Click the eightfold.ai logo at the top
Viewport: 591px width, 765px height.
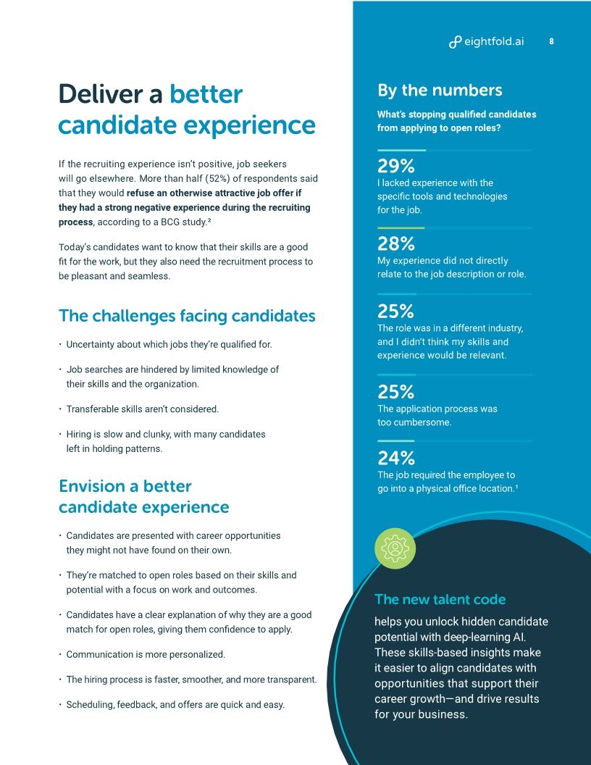486,41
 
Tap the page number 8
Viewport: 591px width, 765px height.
551,41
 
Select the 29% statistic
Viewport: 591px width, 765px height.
395,166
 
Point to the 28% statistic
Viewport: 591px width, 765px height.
395,243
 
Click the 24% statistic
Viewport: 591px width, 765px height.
395,458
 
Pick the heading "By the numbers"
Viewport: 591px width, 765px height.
439,90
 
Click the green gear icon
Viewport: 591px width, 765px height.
395,548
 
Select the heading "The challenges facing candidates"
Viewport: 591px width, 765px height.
187,316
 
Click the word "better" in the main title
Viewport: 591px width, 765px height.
206,94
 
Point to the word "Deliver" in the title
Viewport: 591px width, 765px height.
110,94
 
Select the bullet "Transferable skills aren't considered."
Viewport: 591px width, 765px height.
142,409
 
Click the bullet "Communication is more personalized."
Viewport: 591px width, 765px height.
146,654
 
